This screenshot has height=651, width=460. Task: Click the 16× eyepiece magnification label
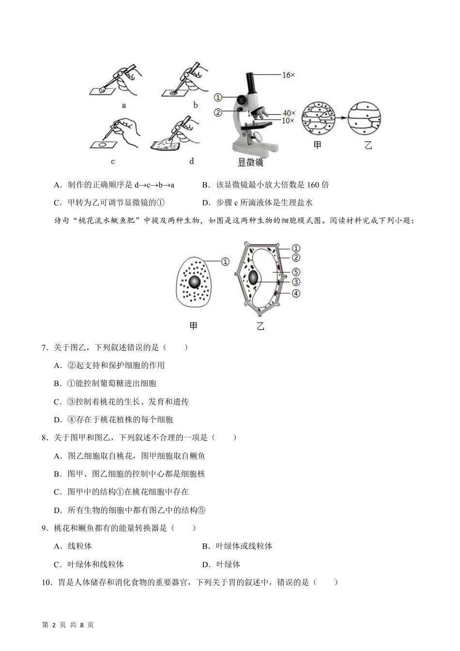point(289,75)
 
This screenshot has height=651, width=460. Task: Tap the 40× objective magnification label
point(289,113)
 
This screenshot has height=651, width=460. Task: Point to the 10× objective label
point(289,120)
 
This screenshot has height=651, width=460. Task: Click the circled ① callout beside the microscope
point(218,97)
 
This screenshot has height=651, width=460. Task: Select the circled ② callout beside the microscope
point(218,112)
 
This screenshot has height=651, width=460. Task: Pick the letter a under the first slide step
point(124,105)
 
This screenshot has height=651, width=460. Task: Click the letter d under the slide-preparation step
point(192,161)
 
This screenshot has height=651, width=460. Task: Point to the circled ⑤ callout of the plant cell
point(296,272)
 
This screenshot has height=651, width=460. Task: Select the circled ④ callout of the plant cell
point(296,294)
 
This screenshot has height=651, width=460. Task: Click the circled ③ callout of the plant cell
point(296,282)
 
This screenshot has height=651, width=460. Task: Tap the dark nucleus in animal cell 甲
point(195,282)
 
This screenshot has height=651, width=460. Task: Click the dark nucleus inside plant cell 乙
point(254,278)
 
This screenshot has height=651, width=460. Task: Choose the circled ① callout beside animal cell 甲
point(225,262)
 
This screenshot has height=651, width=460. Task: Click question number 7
point(44,347)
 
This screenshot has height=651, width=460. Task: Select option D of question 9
point(206,564)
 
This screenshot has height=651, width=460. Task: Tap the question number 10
point(46,583)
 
